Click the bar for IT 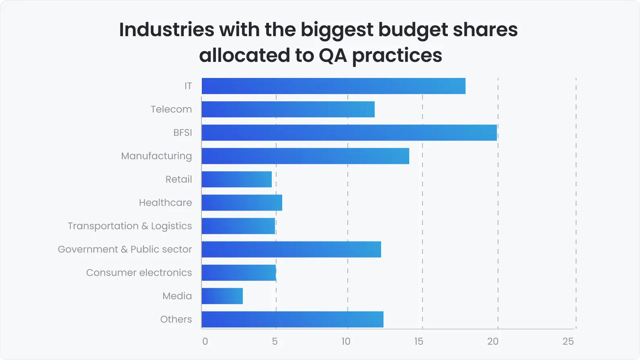[333, 86]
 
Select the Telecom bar [288, 109]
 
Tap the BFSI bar [349, 133]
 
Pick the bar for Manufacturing [305, 156]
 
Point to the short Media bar [222, 296]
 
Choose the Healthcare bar [242, 202]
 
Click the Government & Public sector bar [291, 250]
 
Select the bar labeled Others [292, 319]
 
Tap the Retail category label [178, 179]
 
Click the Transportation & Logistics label [129, 226]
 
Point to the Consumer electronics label [139, 273]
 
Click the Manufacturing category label [156, 156]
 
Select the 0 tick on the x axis [205, 342]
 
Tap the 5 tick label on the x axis [275, 342]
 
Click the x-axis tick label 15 [418, 342]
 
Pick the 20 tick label [492, 342]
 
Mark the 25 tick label [568, 342]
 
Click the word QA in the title [332, 55]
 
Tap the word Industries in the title [166, 29]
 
